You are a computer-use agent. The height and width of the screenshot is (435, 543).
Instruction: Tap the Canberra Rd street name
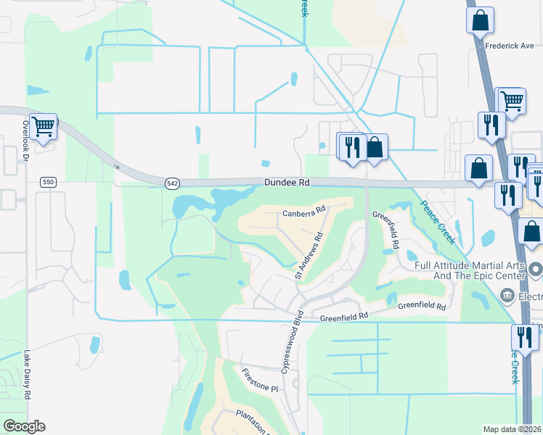pos(301,213)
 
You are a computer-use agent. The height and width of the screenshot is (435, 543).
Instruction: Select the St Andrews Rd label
pos(309,256)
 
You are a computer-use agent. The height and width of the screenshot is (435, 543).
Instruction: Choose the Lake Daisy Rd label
pos(27,375)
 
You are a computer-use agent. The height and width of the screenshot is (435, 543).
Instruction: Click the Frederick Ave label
pos(510,45)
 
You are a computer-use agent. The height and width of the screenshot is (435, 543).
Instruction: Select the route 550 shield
pos(48,182)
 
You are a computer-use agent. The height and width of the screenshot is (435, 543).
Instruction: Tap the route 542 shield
pos(171,183)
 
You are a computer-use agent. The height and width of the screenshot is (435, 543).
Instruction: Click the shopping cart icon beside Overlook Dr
pos(43,127)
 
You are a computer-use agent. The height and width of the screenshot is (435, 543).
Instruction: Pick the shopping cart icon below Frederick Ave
pos(512,100)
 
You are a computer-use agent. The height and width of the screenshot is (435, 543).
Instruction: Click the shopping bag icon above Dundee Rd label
pos(375,147)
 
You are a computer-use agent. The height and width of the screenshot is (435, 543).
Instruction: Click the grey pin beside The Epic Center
pos(536,270)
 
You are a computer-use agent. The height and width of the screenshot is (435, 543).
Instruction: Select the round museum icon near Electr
pos(507,296)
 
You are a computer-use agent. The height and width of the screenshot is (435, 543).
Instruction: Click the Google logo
pos(24,426)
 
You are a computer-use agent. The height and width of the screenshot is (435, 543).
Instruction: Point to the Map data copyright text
pos(513,429)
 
